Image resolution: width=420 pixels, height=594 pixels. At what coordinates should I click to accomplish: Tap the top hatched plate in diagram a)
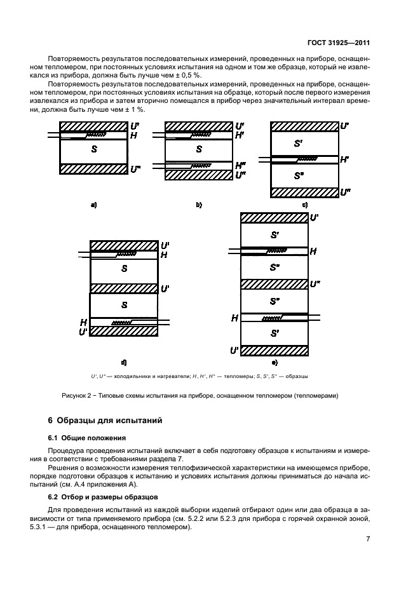point(94,126)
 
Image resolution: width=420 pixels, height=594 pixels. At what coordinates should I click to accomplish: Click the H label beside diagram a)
point(133,135)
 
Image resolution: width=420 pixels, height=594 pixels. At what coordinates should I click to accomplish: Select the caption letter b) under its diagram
point(198,205)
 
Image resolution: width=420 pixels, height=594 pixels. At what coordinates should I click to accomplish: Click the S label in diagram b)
point(199,149)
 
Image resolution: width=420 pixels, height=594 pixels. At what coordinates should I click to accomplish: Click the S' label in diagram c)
point(299,144)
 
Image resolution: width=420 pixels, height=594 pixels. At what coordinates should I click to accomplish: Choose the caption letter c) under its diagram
point(304,205)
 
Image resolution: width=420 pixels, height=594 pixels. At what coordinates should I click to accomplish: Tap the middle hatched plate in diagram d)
point(124,288)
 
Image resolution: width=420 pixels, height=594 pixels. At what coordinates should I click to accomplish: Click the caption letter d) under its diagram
point(124,362)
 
